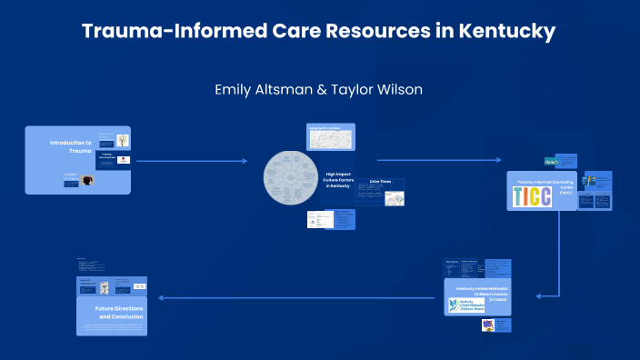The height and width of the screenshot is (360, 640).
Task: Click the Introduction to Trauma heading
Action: click(x=71, y=146)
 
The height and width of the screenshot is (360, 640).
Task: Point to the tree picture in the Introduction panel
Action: click(x=122, y=141)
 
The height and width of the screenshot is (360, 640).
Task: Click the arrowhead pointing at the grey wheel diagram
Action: click(x=244, y=161)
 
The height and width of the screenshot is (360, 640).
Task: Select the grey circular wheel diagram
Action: click(x=293, y=175)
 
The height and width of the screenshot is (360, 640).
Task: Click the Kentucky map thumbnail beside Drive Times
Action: click(x=394, y=197)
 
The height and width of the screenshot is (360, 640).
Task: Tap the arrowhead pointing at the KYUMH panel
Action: click(x=540, y=295)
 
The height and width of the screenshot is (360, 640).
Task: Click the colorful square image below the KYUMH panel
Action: click(x=487, y=325)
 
